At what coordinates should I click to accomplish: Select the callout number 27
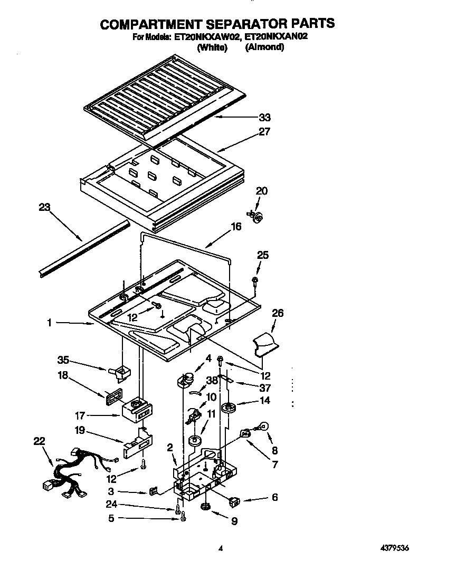[x=264, y=132]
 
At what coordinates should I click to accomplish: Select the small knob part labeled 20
[x=257, y=216]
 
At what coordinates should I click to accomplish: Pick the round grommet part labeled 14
[x=230, y=409]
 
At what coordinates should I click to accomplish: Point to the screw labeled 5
[x=183, y=519]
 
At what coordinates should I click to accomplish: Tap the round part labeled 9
[x=206, y=507]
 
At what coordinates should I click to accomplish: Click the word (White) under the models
[x=212, y=47]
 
